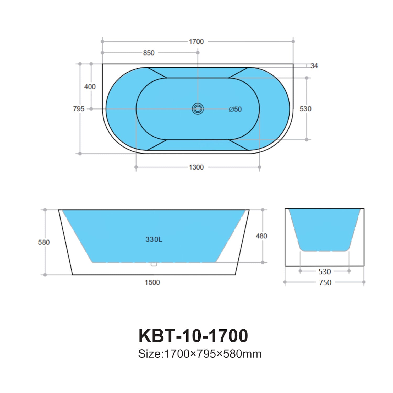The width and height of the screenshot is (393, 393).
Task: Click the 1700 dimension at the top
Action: tap(196, 42)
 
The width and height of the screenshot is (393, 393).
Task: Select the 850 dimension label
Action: tap(149, 53)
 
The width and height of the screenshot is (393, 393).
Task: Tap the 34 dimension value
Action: tap(314, 66)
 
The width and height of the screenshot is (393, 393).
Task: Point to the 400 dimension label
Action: tap(90, 87)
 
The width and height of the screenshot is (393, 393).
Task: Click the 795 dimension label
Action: tap(79, 109)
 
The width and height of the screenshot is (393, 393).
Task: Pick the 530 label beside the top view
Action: tap(305, 109)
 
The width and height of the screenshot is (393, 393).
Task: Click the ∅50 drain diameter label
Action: tap(235, 109)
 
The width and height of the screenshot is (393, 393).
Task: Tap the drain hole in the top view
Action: tap(198, 109)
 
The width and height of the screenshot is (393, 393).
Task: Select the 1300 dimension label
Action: tap(196, 167)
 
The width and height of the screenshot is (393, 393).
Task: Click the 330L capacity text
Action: tap(154, 239)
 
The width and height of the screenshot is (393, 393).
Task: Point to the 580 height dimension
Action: tap(44, 242)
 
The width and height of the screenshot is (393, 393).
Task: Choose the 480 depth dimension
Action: tap(261, 236)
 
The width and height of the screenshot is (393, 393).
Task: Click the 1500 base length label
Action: tap(152, 282)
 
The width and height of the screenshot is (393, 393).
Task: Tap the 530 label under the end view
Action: tap(325, 272)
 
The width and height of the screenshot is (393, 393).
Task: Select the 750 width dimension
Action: tap(325, 282)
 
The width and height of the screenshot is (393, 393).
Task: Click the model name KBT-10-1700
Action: tap(193, 336)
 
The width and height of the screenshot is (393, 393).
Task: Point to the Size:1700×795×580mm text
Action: tap(200, 354)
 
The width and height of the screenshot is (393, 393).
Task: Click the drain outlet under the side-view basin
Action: tap(154, 264)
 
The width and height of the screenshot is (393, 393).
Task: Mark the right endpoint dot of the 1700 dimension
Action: tap(293, 41)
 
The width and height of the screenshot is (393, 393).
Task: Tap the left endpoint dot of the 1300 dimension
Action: tap(136, 167)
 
